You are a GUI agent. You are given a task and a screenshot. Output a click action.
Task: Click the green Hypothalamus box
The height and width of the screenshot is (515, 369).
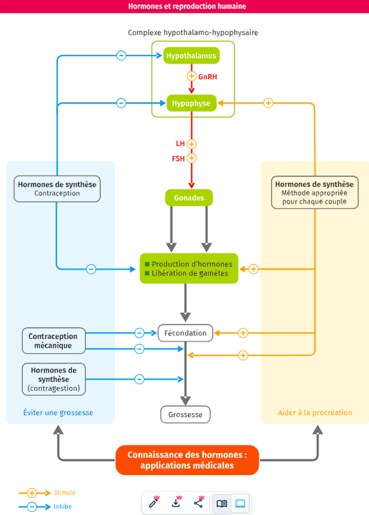coord(191,55)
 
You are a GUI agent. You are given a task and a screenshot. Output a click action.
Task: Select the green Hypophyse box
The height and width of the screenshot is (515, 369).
coord(191,103)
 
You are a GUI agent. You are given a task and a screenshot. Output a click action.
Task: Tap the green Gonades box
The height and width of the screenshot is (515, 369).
coord(189,198)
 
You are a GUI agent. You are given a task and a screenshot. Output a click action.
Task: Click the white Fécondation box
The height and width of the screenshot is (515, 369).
coord(185,333)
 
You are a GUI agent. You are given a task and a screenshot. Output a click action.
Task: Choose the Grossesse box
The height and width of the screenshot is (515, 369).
coord(185,415)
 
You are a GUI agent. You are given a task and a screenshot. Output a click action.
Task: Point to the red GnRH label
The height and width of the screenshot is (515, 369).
coord(208,77)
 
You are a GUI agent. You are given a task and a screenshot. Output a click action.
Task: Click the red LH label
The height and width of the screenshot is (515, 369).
coord(180,144)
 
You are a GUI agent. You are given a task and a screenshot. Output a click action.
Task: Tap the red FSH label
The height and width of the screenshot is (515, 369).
coord(178,158)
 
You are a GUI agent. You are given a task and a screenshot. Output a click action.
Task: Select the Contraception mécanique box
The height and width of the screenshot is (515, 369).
coord(53,341)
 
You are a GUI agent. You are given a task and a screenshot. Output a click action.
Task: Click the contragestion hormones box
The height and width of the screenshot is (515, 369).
coord(53,379)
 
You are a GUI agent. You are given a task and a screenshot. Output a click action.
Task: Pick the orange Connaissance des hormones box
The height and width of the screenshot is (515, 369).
coord(187,460)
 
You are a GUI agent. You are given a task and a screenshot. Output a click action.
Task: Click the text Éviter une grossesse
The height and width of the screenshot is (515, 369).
coord(58,413)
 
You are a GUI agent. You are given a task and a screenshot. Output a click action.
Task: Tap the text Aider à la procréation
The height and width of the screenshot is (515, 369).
coord(315,413)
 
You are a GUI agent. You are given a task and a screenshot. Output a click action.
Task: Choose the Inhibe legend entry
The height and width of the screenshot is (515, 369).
coord(45,507)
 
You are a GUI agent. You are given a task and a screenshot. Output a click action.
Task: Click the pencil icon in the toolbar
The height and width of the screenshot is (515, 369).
coord(154,503)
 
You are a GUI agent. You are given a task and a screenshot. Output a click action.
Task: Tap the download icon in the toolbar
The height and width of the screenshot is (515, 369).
coord(176,503)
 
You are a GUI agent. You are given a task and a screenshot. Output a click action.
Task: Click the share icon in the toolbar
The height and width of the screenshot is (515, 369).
coord(199,503)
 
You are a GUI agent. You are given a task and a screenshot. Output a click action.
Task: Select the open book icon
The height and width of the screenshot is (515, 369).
coord(222,503)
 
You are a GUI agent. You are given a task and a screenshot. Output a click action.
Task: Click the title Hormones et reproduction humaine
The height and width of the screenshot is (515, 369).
coord(187,6)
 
